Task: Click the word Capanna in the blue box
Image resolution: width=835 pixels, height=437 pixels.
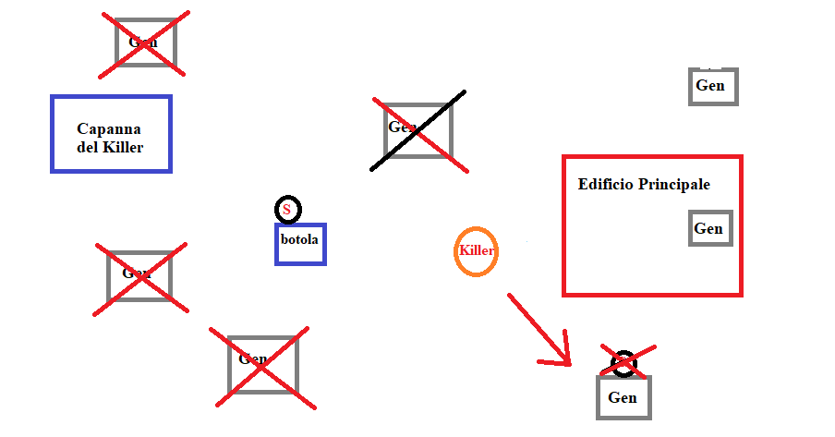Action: pos(109,129)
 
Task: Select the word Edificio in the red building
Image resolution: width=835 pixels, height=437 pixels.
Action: pos(606,185)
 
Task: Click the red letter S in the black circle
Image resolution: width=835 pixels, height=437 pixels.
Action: pos(287,210)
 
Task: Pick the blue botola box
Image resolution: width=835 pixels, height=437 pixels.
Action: pos(300,244)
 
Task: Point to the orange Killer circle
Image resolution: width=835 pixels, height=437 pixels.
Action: pos(477,251)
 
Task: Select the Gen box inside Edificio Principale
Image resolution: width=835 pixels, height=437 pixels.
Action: pos(710,228)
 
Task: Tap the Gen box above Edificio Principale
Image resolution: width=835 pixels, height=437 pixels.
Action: pos(712,86)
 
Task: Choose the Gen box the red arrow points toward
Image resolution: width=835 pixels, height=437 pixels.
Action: pos(623,398)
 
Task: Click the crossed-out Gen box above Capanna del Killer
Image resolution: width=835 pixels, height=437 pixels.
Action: pos(145,42)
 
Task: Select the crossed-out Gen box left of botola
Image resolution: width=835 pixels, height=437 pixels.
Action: pos(139,275)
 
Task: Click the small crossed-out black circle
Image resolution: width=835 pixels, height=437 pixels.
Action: pos(624,363)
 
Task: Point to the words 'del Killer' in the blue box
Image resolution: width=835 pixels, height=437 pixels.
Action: pos(110,147)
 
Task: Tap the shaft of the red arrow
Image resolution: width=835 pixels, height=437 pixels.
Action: pos(537,327)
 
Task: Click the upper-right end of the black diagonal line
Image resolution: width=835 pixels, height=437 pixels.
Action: pos(464,91)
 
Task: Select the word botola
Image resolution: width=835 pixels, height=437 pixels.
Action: pos(299,239)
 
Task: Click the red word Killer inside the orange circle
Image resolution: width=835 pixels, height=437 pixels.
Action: pos(477,250)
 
